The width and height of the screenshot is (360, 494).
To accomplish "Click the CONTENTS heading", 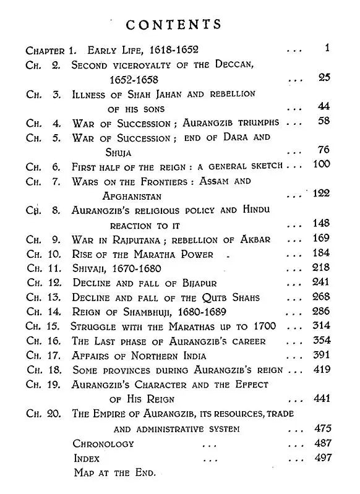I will [x=173, y=24].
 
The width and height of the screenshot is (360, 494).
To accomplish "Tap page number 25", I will [x=324, y=78].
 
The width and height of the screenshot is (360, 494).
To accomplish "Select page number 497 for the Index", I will [x=322, y=458].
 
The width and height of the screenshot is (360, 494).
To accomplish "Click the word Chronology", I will [x=103, y=443].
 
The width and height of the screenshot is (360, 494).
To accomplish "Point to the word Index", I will [x=86, y=458].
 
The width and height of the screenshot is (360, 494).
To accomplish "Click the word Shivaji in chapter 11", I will [x=90, y=269].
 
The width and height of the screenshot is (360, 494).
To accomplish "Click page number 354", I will [x=322, y=341].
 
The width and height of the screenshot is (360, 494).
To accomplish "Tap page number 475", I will [x=322, y=428].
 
